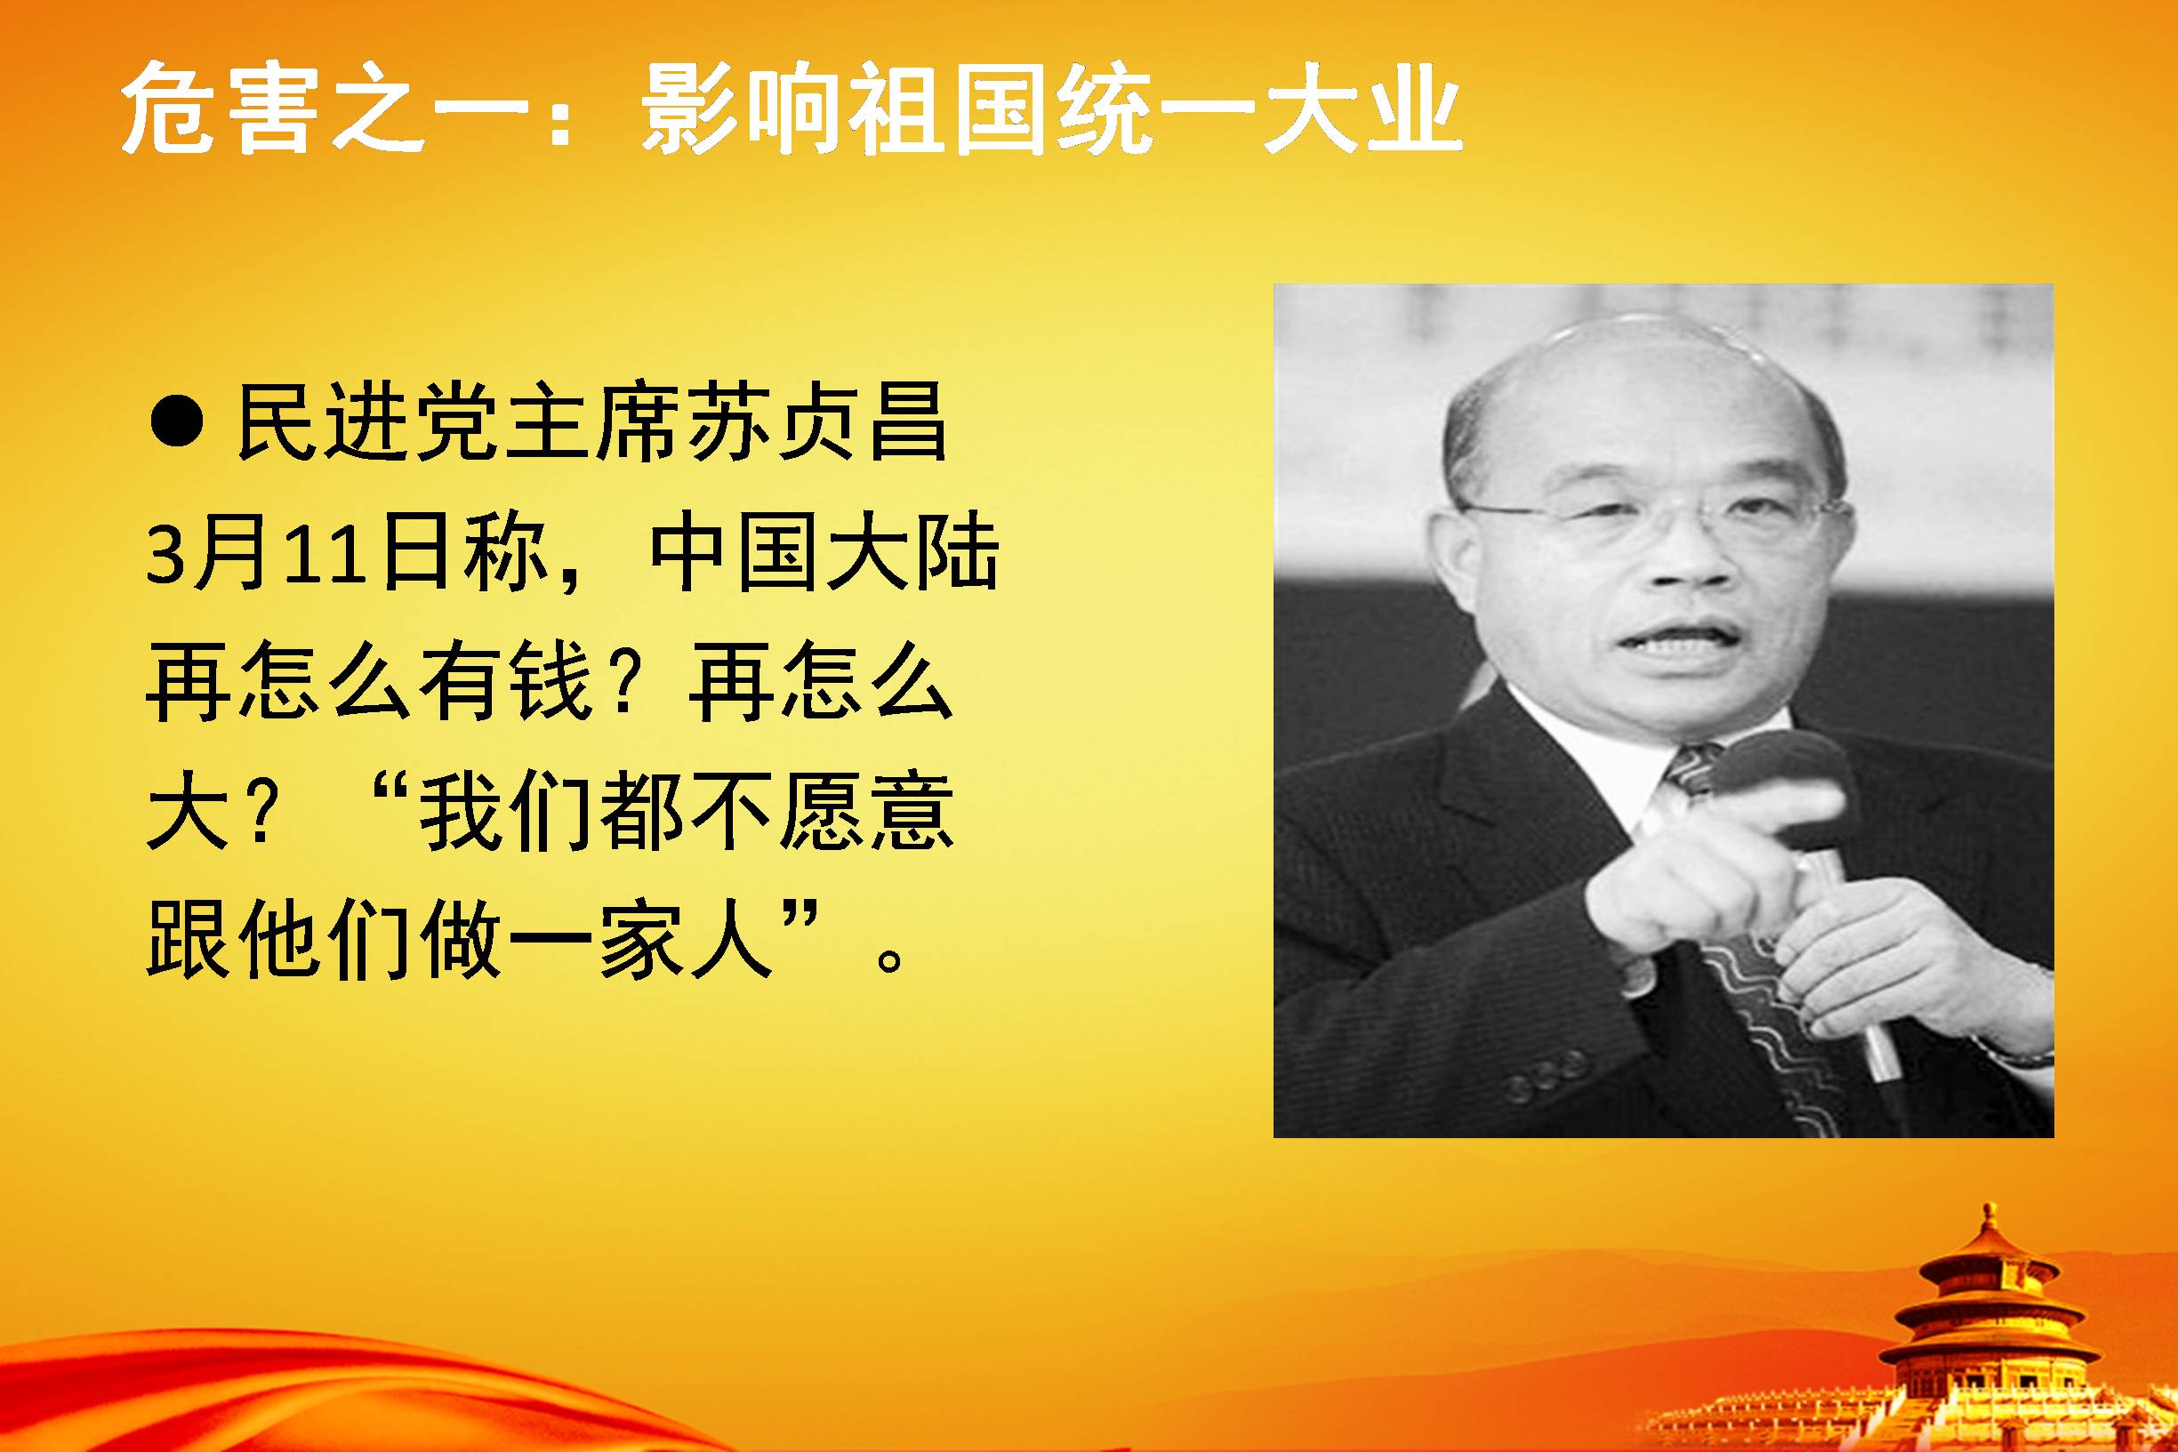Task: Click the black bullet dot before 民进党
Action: click(176, 425)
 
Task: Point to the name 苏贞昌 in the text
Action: click(816, 425)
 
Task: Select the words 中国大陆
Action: click(824, 557)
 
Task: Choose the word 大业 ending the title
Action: click(1360, 109)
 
